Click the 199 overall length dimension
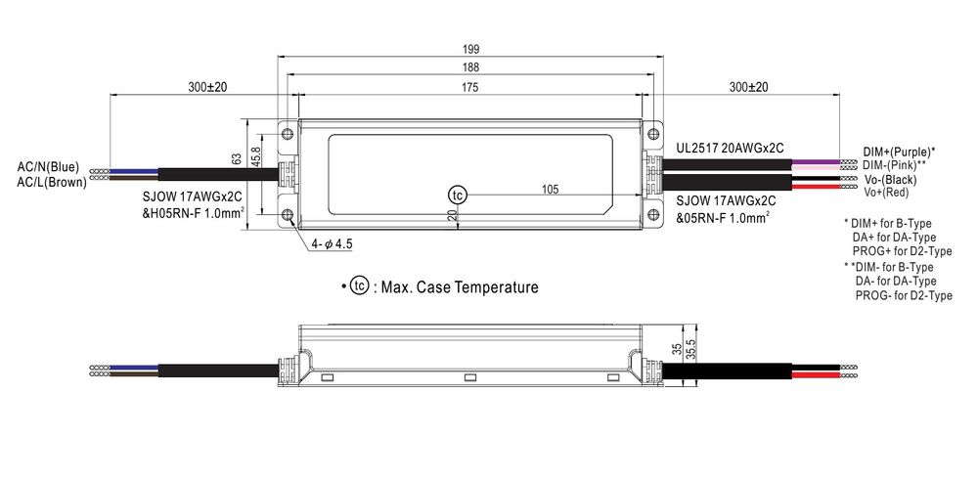470,49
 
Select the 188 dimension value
470,67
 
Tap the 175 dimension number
470,87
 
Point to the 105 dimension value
550,190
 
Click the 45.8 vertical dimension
255,157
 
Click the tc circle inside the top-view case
457,195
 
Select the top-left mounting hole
288,133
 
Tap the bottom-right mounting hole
653,214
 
